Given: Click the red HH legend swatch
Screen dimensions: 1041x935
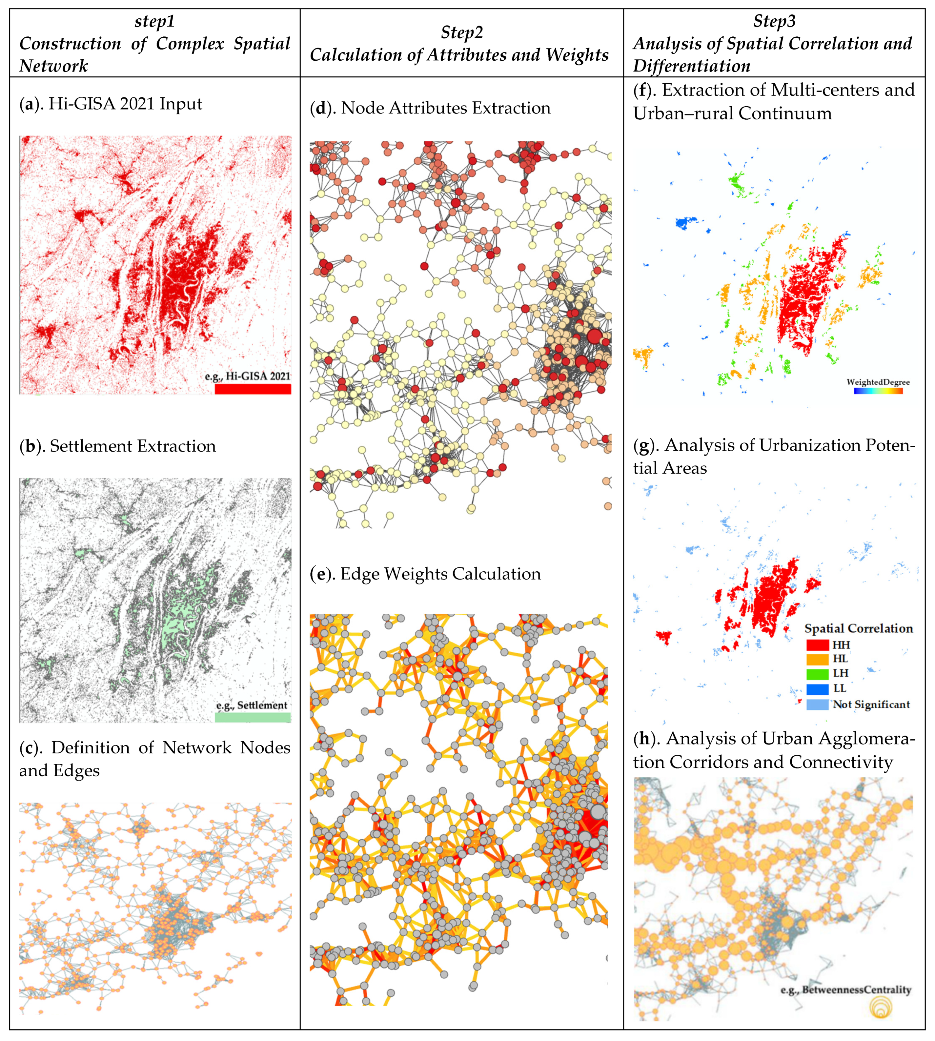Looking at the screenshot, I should pos(817,645).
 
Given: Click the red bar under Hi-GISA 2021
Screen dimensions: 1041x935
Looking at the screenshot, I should pos(253,389).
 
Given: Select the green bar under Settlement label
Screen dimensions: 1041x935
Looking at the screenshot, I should pos(253,717).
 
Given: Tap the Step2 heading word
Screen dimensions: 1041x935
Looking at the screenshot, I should pos(462,32).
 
